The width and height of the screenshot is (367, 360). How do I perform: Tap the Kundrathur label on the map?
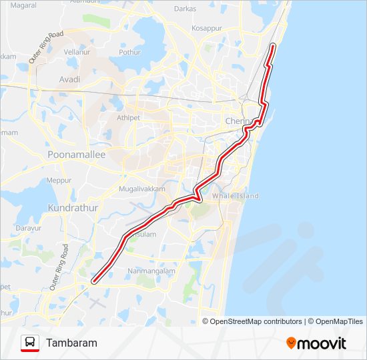click(73, 208)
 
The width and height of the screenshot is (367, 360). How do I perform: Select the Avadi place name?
click(69, 79)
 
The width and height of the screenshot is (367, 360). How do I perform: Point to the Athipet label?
click(129, 117)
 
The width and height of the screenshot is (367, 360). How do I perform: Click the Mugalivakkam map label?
click(141, 189)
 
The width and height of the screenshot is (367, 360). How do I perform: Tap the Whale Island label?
click(235, 196)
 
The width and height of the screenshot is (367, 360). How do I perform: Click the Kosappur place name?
click(206, 29)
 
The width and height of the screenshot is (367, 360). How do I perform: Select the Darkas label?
click(185, 9)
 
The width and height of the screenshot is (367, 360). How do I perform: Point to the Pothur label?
click(130, 51)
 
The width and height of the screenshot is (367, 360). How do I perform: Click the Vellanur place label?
click(77, 51)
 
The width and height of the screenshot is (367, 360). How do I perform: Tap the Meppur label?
click(59, 180)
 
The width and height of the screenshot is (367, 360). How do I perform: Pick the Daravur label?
click(29, 227)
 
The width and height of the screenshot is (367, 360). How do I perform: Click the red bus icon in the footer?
click(29, 343)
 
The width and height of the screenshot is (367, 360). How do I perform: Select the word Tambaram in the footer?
click(71, 343)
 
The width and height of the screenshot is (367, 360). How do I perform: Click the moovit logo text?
click(322, 343)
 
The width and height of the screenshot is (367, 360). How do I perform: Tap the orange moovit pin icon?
click(292, 343)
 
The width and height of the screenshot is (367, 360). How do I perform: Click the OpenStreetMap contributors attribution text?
click(252, 321)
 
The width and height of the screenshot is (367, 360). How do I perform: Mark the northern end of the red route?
click(273, 45)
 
